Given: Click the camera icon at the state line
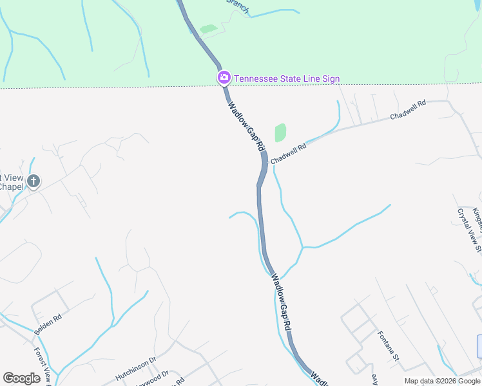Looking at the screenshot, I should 224,78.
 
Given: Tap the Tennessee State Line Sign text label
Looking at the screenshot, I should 287,79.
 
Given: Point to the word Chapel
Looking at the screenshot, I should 12,187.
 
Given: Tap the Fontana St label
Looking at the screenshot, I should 389,346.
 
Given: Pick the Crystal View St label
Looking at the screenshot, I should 469,229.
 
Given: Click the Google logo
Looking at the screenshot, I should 21,378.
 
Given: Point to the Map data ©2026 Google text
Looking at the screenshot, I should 441,381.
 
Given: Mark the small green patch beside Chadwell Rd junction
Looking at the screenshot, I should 280,133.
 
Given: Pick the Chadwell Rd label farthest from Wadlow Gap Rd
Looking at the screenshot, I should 409,110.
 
